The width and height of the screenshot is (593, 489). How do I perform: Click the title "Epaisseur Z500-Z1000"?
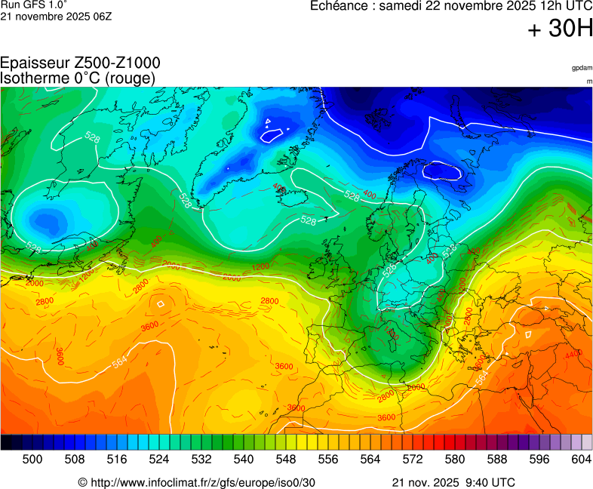[x=80, y=63]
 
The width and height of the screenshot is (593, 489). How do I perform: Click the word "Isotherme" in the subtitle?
[x=33, y=78]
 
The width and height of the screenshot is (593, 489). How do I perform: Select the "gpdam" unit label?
[x=581, y=68]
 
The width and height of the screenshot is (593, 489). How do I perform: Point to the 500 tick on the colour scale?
[x=32, y=459]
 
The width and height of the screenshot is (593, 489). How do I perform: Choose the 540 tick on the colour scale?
[x=244, y=459]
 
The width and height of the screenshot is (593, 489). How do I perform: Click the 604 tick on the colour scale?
[x=581, y=459]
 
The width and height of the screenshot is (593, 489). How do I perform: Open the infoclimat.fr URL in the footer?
[x=197, y=482]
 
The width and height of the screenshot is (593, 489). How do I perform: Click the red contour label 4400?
[x=573, y=354]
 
